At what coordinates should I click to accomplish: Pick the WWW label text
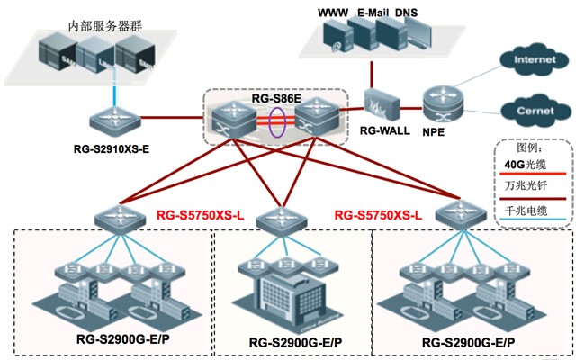click(x=334, y=13)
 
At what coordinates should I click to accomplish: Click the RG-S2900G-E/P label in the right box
click(x=468, y=342)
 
